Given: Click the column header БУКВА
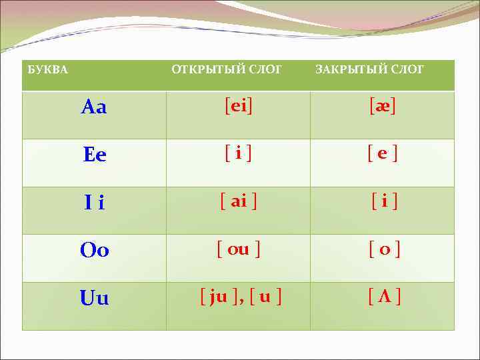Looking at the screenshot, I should (x=47, y=69).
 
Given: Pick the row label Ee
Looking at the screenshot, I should (x=94, y=155).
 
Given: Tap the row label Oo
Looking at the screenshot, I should (x=94, y=251).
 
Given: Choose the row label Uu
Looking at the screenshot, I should (x=94, y=299).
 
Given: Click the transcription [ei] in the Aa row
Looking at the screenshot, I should (x=238, y=105).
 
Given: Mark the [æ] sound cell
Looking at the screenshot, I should (x=383, y=105).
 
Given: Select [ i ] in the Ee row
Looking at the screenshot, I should (x=238, y=153).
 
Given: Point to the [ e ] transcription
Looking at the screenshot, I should (x=383, y=153).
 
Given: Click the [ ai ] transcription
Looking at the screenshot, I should (x=238, y=201).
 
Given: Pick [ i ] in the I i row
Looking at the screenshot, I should (x=385, y=201).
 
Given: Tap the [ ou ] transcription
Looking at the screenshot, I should (x=238, y=249).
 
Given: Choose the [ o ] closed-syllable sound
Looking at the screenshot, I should (x=385, y=249).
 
